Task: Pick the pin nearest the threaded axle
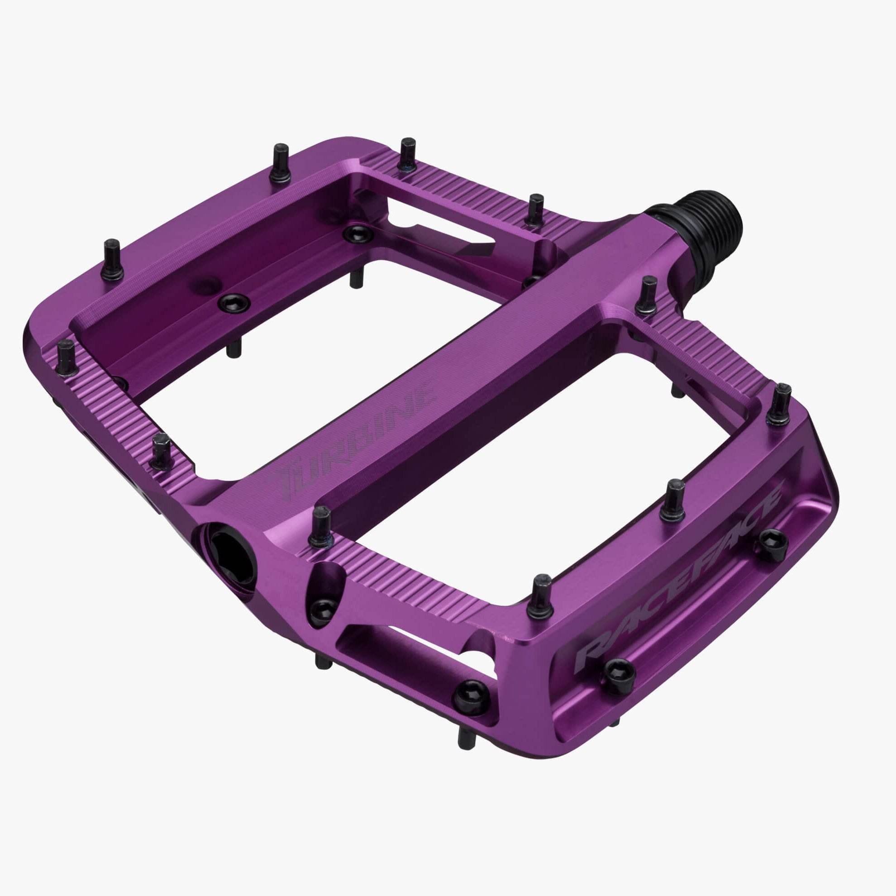tap(648, 295)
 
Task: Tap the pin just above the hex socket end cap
tap(321, 527)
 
